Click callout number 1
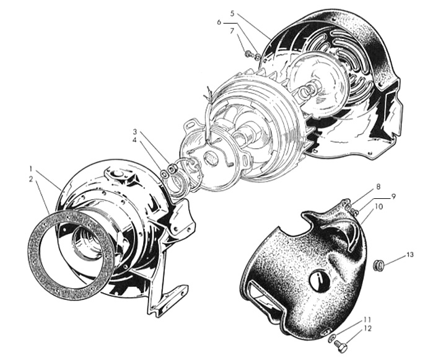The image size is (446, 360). tap(30, 169)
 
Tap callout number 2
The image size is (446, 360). tap(31, 179)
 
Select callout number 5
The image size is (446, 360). tap(232, 14)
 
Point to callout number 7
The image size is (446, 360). tap(232, 31)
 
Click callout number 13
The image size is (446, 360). tap(409, 255)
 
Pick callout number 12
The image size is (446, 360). tap(367, 328)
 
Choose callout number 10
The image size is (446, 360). tap(379, 206)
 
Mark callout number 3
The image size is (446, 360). tap(135, 132)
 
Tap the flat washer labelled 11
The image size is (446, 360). tap(331, 339)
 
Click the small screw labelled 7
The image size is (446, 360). tap(248, 53)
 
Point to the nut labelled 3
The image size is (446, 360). tap(172, 169)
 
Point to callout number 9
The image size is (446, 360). tap(393, 196)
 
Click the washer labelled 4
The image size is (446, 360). tap(164, 174)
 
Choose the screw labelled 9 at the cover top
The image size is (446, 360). tap(354, 211)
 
